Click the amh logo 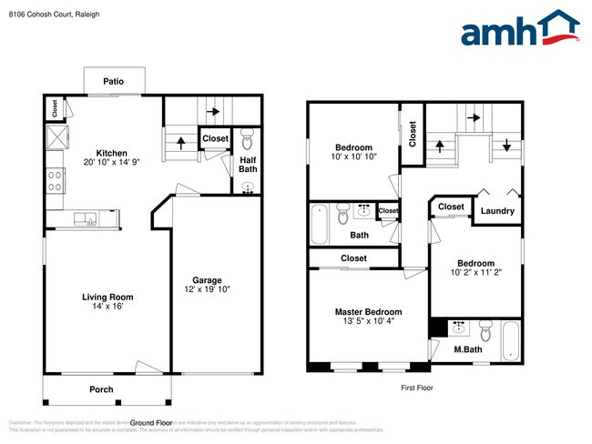(x=519, y=29)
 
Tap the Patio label (x=113, y=81)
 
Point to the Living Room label (x=107, y=296)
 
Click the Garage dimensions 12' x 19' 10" (x=206, y=289)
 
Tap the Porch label (x=101, y=389)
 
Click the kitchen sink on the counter (x=89, y=217)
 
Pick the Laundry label (x=497, y=211)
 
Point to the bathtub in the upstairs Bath (x=319, y=224)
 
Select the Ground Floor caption (x=151, y=423)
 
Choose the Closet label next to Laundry (x=451, y=207)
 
